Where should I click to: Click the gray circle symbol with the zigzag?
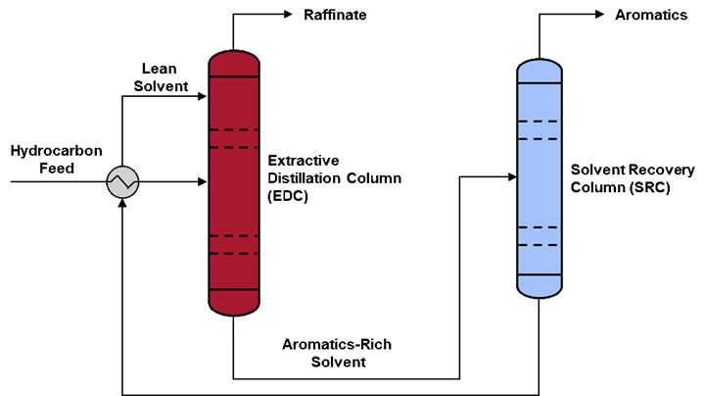click(122, 182)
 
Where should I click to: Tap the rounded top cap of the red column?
click(234, 64)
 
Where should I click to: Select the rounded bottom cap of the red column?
click(234, 303)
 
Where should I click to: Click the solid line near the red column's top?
click(234, 76)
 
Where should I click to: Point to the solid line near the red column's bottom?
click(234, 290)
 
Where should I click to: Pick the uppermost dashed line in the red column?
click(234, 129)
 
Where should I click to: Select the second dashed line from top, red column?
click(234, 147)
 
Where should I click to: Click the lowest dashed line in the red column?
click(234, 254)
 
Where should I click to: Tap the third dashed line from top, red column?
click(234, 236)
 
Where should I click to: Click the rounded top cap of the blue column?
click(540, 72)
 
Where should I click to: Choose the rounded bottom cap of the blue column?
click(540, 286)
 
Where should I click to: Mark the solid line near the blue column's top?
click(540, 83)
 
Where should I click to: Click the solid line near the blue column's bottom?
click(540, 274)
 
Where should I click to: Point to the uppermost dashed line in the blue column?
click(540, 122)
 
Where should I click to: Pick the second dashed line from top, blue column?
click(540, 139)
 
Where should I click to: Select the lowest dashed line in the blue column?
click(540, 245)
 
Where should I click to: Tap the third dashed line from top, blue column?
click(540, 227)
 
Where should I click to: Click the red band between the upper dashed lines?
click(234, 138)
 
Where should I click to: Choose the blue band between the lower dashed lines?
click(540, 236)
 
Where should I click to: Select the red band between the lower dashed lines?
click(234, 245)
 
